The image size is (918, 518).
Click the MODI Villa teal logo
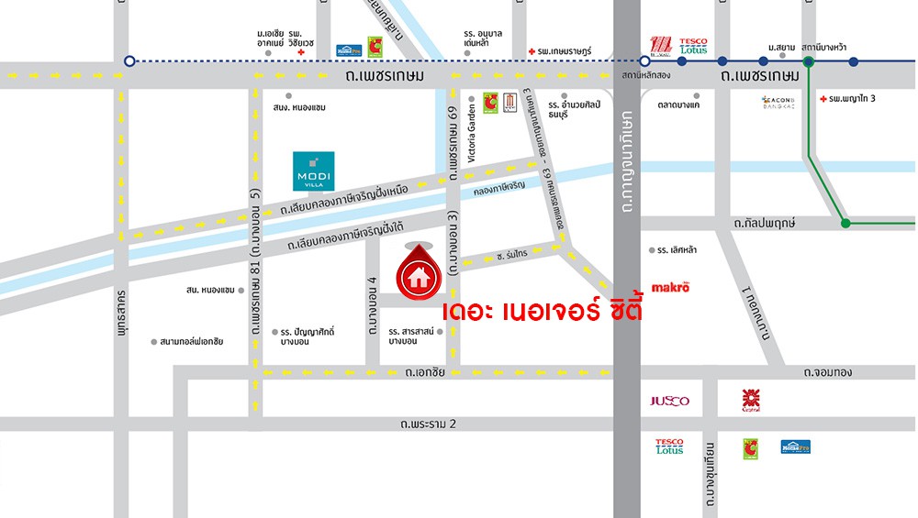click(313, 171)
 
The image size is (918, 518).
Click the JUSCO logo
click(669, 401)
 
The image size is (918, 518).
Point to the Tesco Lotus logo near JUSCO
click(669, 446)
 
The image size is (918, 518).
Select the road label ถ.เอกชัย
click(424, 372)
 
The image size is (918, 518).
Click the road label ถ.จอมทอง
click(827, 372)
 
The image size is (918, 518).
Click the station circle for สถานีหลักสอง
click(644, 61)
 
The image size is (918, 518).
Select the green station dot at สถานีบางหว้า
click(809, 61)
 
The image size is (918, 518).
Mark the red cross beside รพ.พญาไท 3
click(823, 97)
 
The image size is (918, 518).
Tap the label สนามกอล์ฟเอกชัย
click(191, 341)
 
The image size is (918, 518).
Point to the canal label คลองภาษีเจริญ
click(499, 186)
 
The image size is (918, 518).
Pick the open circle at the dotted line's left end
click(129, 61)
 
